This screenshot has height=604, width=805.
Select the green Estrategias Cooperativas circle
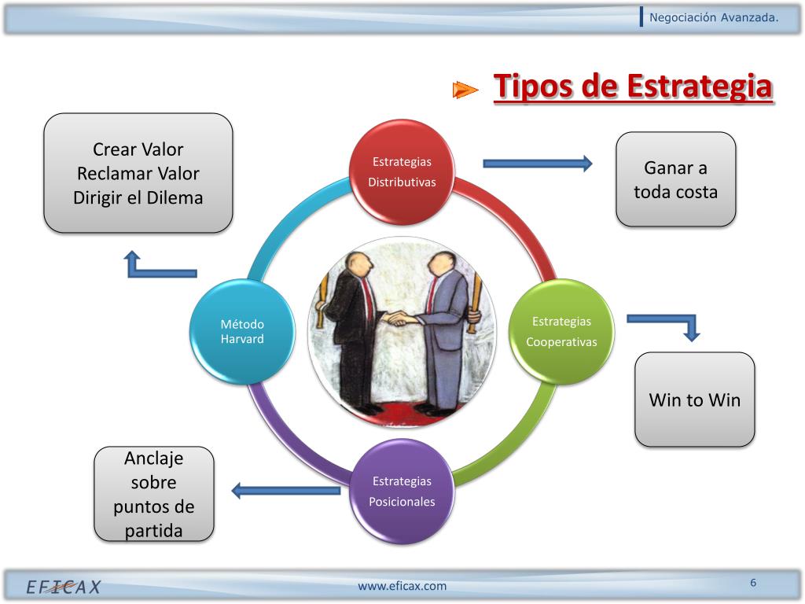(561, 331)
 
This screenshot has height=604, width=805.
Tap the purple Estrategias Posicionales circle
(402, 491)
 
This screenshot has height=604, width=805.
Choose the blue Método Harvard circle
(242, 331)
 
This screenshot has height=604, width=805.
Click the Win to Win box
(694, 400)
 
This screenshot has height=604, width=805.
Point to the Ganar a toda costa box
(675, 179)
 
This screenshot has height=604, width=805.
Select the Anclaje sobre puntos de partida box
(154, 494)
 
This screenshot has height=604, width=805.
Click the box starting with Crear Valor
(138, 173)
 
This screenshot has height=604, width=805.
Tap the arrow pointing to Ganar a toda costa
(538, 164)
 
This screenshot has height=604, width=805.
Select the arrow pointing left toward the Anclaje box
(285, 491)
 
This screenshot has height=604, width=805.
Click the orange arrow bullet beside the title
(465, 90)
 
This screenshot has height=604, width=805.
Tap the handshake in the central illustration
(402, 318)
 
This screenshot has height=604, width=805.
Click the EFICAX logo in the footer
(64, 587)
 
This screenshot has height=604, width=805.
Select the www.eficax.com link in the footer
(402, 586)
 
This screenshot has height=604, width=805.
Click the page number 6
(753, 583)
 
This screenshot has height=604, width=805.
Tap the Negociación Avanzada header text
(714, 18)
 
